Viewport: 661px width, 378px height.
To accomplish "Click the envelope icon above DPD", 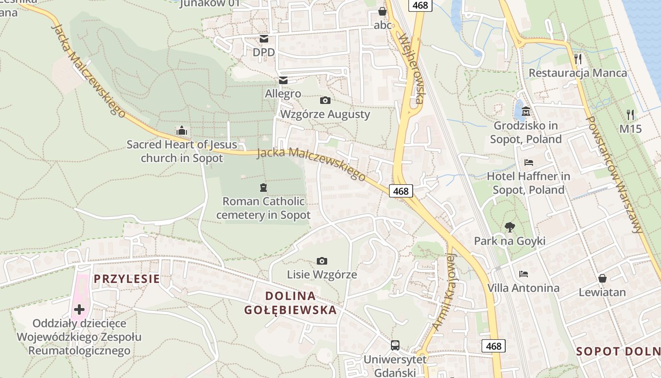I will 263,38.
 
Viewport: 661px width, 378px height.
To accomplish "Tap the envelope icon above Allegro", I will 283,80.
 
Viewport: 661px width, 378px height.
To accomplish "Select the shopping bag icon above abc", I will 382,11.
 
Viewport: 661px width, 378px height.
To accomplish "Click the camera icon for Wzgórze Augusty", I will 325,100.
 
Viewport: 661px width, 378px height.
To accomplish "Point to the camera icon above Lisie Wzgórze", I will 322,261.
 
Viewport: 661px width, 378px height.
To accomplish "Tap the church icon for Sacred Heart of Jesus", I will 182,130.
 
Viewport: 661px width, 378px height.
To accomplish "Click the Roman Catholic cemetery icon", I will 263,188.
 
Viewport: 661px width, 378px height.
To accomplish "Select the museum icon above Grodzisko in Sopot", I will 526,112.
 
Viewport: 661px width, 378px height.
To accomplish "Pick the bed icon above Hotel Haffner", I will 529,163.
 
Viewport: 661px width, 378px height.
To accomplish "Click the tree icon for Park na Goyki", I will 509,227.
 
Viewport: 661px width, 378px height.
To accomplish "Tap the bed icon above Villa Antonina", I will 523,274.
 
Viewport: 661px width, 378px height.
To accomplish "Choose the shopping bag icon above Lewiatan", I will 602,278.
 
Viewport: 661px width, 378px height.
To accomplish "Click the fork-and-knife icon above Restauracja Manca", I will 578,59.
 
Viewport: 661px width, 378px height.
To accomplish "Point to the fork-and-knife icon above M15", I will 630,114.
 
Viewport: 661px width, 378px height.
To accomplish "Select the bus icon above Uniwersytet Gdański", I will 395,345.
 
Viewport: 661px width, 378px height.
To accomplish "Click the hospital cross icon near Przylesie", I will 79,309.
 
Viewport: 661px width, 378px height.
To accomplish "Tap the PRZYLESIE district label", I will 127,279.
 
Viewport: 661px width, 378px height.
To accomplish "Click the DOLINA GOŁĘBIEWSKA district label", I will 290,303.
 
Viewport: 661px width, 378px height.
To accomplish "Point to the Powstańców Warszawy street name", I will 614,174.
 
